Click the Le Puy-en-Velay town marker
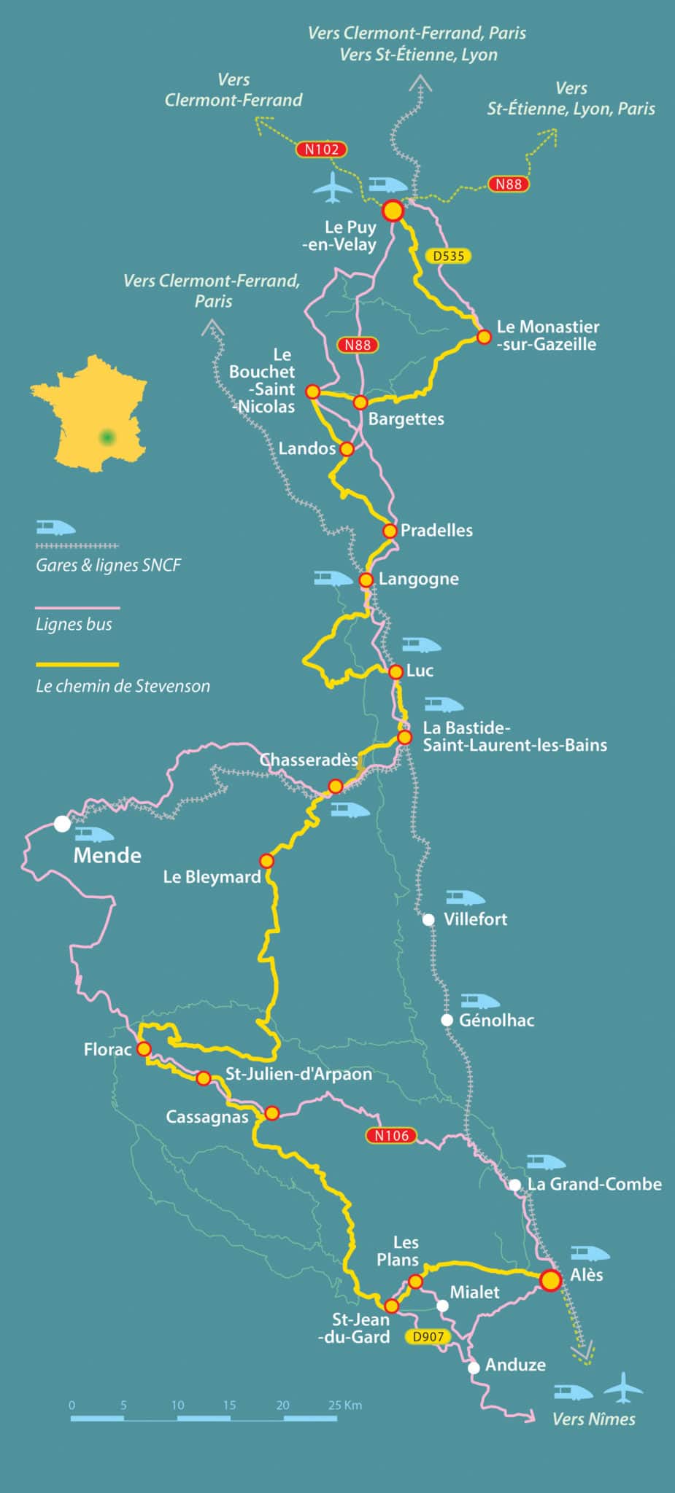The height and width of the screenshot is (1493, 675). point(393,211)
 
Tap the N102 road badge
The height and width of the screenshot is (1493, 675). point(321,149)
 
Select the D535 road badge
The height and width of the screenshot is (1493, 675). point(448,256)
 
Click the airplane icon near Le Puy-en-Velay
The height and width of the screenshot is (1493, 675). point(333,187)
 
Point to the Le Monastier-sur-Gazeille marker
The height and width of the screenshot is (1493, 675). point(484,337)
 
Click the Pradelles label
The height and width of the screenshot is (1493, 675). point(436,531)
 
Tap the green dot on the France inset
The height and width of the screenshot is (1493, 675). point(108,437)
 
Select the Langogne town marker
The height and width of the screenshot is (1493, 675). point(366,580)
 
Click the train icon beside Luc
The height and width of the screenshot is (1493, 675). point(421,645)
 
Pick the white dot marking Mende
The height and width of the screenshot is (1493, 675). point(63,824)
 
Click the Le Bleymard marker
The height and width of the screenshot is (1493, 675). point(267,861)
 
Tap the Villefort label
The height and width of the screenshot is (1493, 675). point(475,919)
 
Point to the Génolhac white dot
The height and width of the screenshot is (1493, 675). point(447,1020)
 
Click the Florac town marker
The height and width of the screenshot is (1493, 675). point(144,1049)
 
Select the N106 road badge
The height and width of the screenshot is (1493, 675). point(391,1135)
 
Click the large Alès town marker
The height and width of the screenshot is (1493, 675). point(550,1280)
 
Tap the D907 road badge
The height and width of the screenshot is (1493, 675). point(428,1337)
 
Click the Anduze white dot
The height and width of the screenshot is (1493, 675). point(474,1368)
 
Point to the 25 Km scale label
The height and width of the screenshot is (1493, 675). point(344,1405)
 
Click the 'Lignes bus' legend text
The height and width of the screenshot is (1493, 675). point(74,624)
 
